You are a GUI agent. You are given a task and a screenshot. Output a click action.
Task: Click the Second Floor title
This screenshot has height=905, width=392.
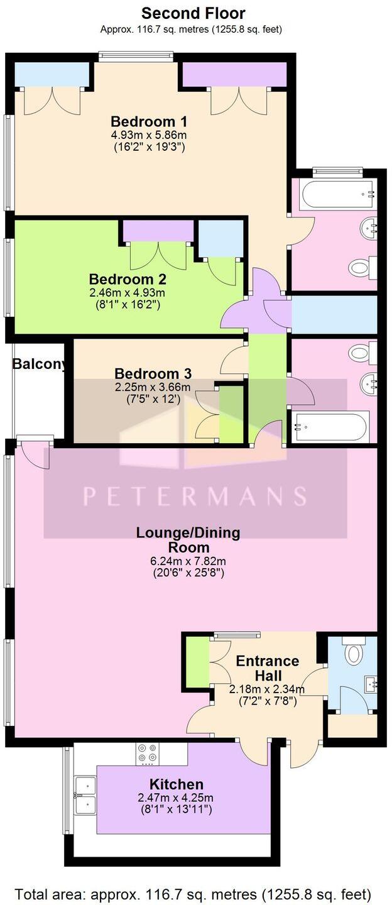tap(193, 13)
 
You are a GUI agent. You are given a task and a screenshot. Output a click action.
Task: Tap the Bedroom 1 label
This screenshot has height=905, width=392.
tap(149, 121)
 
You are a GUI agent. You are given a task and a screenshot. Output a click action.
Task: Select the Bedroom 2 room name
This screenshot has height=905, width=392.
tap(128, 278)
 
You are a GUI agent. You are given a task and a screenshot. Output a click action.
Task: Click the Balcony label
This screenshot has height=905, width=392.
tap(39, 364)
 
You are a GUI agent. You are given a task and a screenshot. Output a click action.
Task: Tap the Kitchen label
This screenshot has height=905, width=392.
tap(176, 784)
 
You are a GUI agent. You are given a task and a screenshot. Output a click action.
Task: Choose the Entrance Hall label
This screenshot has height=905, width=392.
tap(267, 667)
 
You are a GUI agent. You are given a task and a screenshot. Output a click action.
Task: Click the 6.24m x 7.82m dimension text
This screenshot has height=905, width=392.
tap(188, 561)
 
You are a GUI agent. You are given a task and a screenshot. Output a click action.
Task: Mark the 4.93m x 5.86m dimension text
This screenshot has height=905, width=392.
tap(149, 134)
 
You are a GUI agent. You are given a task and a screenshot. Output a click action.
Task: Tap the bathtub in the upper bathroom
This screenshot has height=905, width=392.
tap(338, 194)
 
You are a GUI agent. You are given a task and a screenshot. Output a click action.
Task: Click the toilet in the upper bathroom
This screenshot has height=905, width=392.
tap(360, 268)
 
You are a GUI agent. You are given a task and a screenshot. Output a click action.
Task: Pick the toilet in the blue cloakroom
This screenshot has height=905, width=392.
tap(354, 654)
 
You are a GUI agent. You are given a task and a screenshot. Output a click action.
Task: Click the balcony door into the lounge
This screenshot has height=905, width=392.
tap(35, 452)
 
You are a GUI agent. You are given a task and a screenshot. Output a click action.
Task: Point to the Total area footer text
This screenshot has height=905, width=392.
tap(193, 894)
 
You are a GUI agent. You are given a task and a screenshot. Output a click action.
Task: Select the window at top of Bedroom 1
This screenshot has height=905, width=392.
tap(136, 57)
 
